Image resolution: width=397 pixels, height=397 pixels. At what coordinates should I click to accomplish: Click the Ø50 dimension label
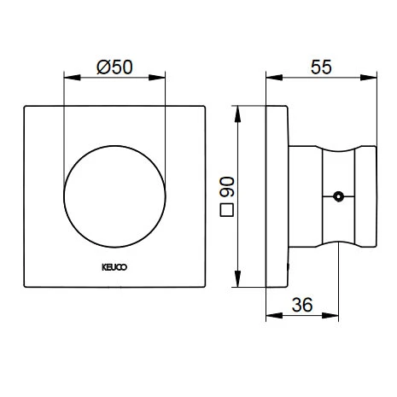pyautogui.click(x=114, y=67)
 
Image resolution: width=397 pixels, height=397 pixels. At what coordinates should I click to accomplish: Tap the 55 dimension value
pyautogui.click(x=321, y=67)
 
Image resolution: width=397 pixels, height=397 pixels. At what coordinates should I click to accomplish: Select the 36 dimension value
pyautogui.click(x=302, y=305)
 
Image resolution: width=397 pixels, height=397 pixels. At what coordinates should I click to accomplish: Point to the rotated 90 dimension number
pyautogui.click(x=227, y=187)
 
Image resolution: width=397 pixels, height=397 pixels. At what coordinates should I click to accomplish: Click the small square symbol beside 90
pyautogui.click(x=227, y=210)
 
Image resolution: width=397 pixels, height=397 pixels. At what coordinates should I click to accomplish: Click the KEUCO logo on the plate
pyautogui.click(x=114, y=267)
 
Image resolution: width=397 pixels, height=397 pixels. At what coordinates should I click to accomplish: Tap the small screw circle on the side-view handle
pyautogui.click(x=338, y=196)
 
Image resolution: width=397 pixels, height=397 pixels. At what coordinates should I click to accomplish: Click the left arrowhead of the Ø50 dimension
pyautogui.click(x=73, y=78)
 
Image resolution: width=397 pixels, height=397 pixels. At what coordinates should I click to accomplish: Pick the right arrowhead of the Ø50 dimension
pyautogui.click(x=157, y=78)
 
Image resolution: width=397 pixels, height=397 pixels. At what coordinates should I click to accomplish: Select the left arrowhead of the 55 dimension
pyautogui.click(x=274, y=78)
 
